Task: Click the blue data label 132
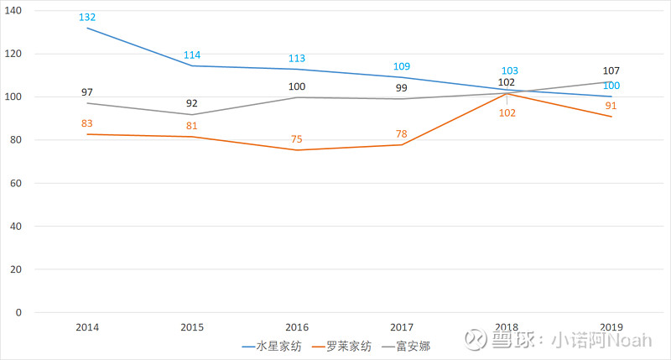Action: click(87, 18)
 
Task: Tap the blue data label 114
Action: click(192, 55)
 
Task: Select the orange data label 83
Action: click(87, 123)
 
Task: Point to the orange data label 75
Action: click(297, 139)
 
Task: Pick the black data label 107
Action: click(611, 71)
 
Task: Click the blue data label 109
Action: click(402, 66)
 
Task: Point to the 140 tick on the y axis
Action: click(23, 10)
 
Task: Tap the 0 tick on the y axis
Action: click(29, 313)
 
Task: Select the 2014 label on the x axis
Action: click(87, 326)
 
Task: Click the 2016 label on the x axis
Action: click(297, 326)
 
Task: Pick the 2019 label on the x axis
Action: click(611, 326)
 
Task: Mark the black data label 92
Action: click(192, 104)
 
